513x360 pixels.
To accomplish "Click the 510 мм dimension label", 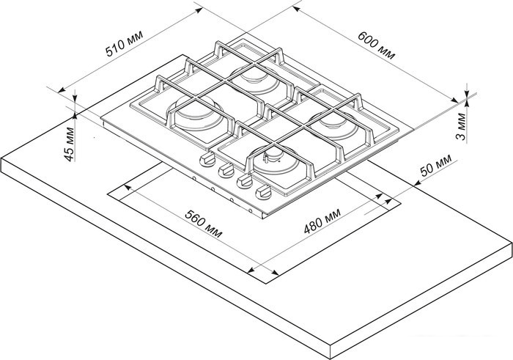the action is coord(124,43).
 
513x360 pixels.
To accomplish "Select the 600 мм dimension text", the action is coord(376,45).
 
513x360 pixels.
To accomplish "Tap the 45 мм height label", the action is coord(69,144).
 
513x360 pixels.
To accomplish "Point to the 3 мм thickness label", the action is coord(461,126).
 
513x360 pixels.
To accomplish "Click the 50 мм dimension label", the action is coord(435,166).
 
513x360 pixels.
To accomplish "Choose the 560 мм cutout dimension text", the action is coord(204,224).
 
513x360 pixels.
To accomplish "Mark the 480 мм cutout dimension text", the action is coord(322,221).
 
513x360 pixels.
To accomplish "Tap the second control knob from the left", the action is coord(226,170).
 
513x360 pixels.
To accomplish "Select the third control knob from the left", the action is coord(245,180).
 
